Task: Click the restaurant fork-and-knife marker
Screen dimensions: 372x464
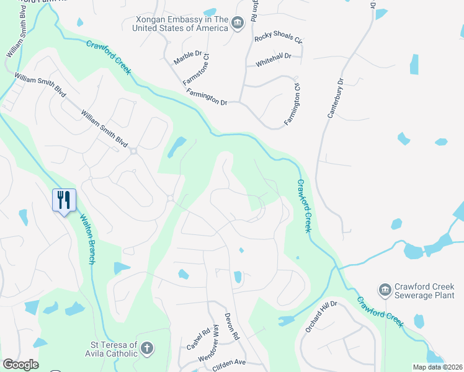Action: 64,200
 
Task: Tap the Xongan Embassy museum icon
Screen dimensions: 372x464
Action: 237,24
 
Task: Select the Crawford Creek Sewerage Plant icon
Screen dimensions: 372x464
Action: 385,290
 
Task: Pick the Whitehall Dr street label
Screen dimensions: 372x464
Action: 273,56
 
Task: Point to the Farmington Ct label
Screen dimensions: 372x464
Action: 292,104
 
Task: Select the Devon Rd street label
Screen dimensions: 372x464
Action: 232,327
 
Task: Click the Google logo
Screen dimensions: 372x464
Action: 20,365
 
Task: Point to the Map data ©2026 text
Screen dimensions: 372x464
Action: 437,367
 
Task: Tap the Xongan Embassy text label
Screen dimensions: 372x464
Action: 181,24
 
